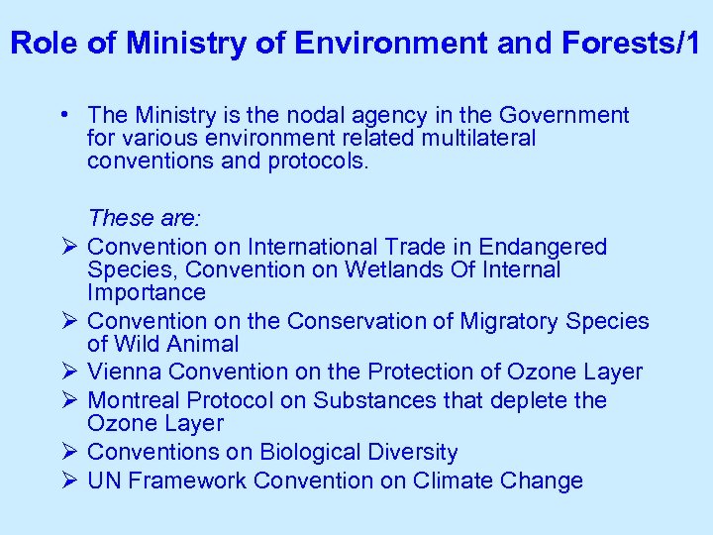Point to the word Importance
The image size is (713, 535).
(147, 292)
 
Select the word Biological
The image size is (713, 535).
(318, 453)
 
